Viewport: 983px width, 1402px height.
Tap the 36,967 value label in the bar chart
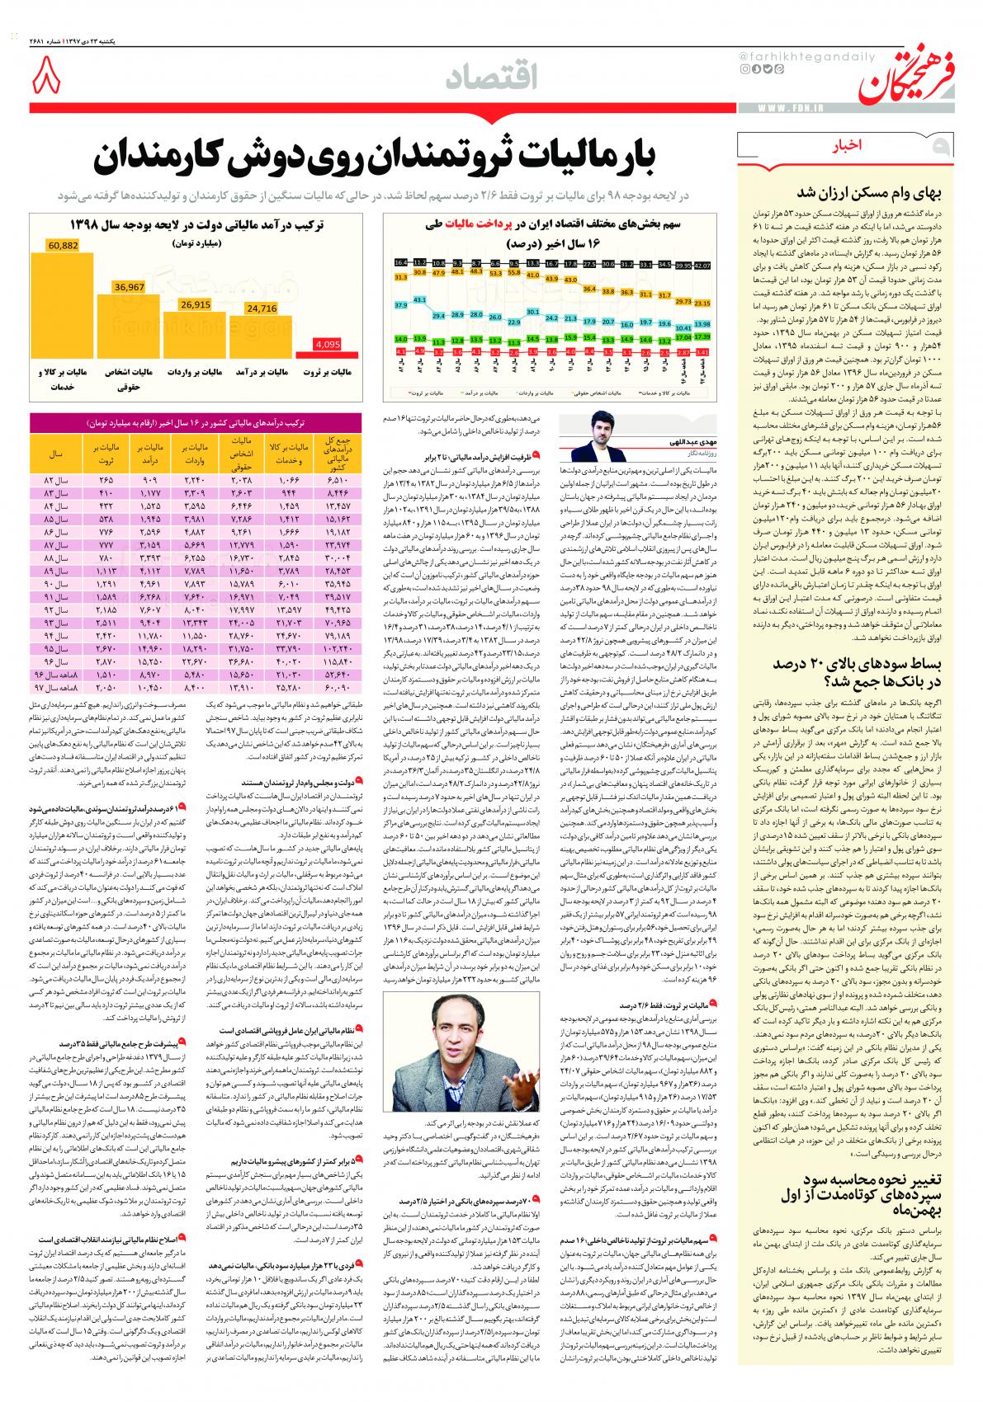[x=130, y=287]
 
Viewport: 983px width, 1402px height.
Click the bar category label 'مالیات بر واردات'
[x=196, y=373]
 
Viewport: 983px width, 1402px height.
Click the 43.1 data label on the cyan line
[x=419, y=299]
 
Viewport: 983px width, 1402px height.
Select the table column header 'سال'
[x=58, y=454]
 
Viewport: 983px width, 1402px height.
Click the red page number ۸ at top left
[x=46, y=80]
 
